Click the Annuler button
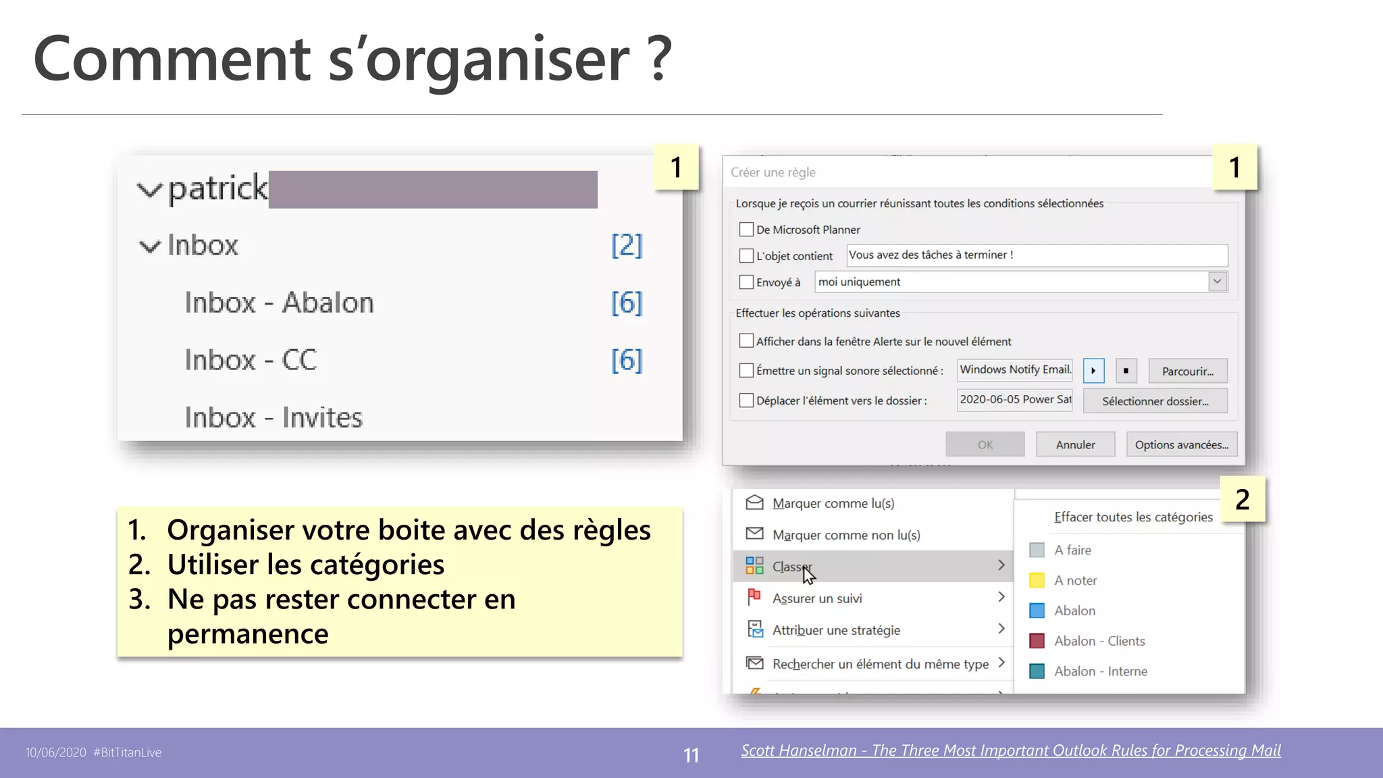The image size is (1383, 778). click(x=1075, y=444)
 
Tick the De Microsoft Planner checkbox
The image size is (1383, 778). click(x=746, y=230)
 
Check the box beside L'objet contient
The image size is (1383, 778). click(x=746, y=256)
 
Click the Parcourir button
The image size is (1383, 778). click(x=1187, y=371)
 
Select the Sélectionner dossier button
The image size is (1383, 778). click(x=1155, y=401)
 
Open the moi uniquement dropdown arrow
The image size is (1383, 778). click(x=1217, y=282)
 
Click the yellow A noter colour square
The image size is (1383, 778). click(x=1037, y=580)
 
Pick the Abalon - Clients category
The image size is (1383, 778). click(x=1099, y=641)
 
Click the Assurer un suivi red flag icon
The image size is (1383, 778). click(x=754, y=597)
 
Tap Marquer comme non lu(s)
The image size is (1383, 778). click(x=846, y=535)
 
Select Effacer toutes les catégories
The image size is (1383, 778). click(x=1133, y=517)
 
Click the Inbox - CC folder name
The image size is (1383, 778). click(x=251, y=360)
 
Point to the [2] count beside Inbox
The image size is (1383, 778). click(x=627, y=245)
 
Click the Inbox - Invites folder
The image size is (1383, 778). click(x=273, y=417)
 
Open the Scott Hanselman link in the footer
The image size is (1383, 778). click(x=1011, y=750)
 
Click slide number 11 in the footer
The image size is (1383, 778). click(x=691, y=755)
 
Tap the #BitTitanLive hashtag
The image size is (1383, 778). click(x=128, y=752)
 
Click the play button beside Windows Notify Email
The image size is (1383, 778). click(x=1093, y=371)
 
